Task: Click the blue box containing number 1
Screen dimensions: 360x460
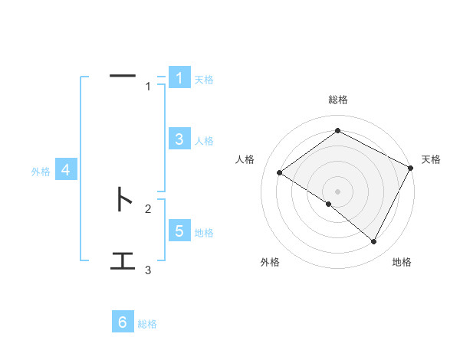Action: coord(179,78)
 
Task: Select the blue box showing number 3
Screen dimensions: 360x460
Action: coord(179,139)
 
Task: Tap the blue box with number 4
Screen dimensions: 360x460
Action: coord(66,171)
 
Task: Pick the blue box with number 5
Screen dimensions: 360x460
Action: coord(179,231)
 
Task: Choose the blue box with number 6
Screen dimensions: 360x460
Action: coord(123,322)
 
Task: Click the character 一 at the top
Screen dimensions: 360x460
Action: coord(123,75)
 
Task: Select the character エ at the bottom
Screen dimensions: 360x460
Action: coord(123,261)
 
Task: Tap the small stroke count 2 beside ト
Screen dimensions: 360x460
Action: coord(148,208)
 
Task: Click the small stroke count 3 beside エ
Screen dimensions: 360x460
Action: coord(148,270)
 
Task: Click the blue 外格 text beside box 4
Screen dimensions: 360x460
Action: coord(41,172)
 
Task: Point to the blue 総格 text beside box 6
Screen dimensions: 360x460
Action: coord(147,324)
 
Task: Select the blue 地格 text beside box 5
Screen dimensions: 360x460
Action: coord(204,233)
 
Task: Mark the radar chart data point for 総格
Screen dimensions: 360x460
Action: coord(337,130)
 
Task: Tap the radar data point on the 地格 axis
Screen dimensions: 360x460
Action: coord(374,242)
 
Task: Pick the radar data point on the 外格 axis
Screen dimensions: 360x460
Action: coord(329,205)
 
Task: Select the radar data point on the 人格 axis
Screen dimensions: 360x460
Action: coord(279,172)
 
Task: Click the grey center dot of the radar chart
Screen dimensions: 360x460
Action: coord(337,191)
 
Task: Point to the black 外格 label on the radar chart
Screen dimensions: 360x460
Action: coord(270,263)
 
